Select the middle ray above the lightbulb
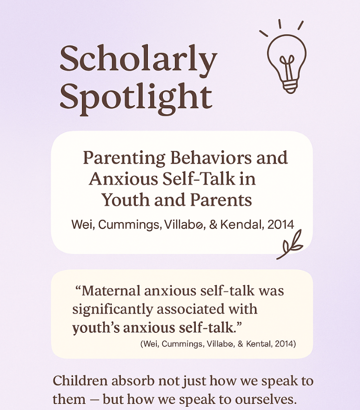[280, 24]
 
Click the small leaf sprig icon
[290, 245]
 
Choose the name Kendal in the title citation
[240, 225]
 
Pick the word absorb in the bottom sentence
[133, 381]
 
